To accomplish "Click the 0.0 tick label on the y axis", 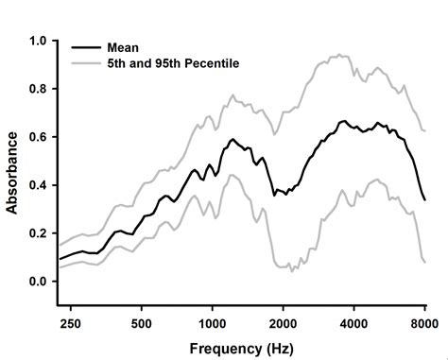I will [x=38, y=282].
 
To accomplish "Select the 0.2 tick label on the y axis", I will [x=38, y=233].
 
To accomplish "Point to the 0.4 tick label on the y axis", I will [x=38, y=185].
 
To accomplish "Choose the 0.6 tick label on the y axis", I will [x=38, y=137].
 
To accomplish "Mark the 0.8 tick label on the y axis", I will [x=38, y=89].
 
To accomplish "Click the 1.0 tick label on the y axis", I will [x=38, y=41].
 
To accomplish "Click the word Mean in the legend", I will [x=123, y=47].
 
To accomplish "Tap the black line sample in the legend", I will [x=86, y=47].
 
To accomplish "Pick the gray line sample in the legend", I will [x=86, y=63].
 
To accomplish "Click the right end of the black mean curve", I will [x=424, y=199].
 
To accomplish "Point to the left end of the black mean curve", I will [x=60, y=259].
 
